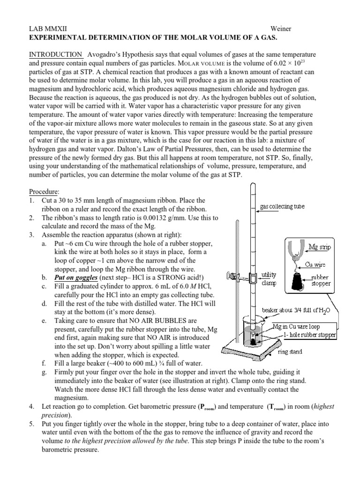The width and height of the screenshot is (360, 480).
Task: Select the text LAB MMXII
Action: (x=48, y=29)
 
